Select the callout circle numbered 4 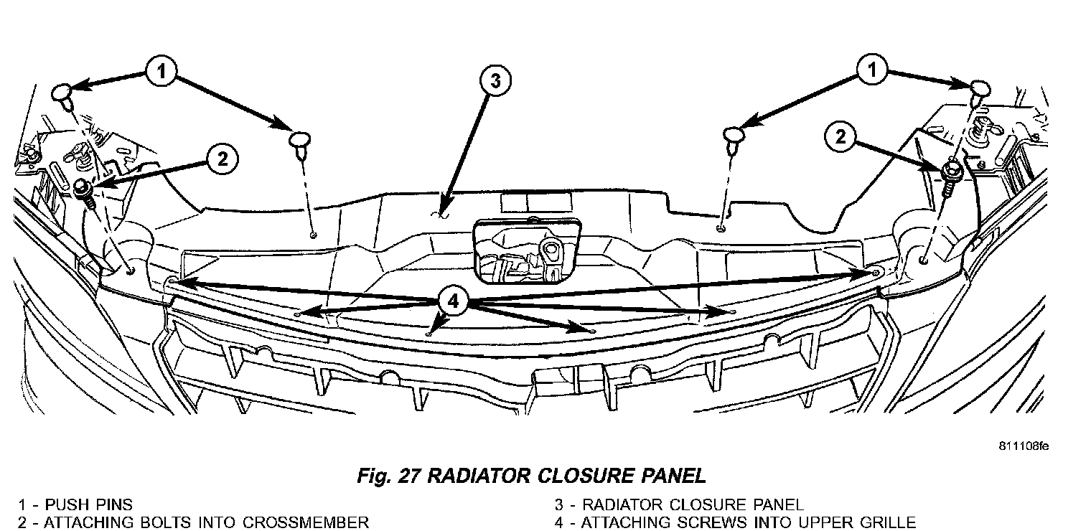pos(452,301)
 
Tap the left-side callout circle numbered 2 pos(222,159)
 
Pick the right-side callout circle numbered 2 pos(841,137)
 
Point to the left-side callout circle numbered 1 pos(162,71)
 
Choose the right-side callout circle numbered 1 pos(872,71)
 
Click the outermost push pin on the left pos(63,94)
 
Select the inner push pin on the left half pos(300,140)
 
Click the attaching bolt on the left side pos(83,191)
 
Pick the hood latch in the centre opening pos(528,251)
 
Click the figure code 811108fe pos(1023,446)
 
